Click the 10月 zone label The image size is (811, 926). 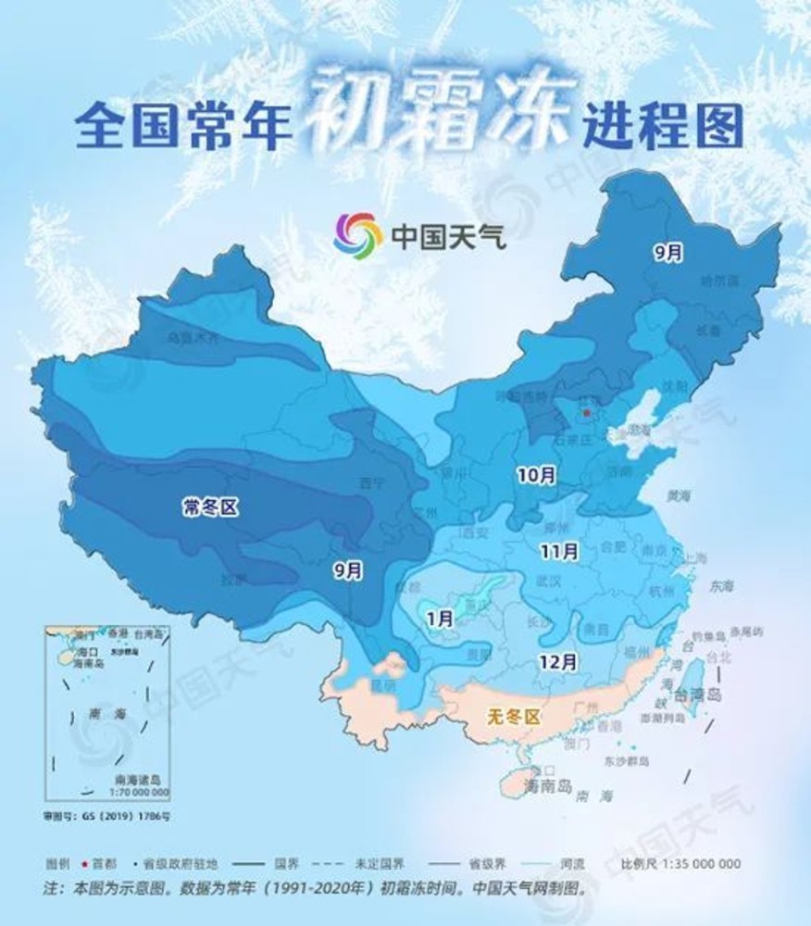coord(536,477)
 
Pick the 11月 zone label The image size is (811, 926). coord(559,551)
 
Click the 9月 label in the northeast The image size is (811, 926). coord(667,251)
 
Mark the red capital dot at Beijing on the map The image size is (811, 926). coord(586,413)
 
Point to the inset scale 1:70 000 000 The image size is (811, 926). coord(139,793)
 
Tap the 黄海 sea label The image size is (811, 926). coord(679,496)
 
